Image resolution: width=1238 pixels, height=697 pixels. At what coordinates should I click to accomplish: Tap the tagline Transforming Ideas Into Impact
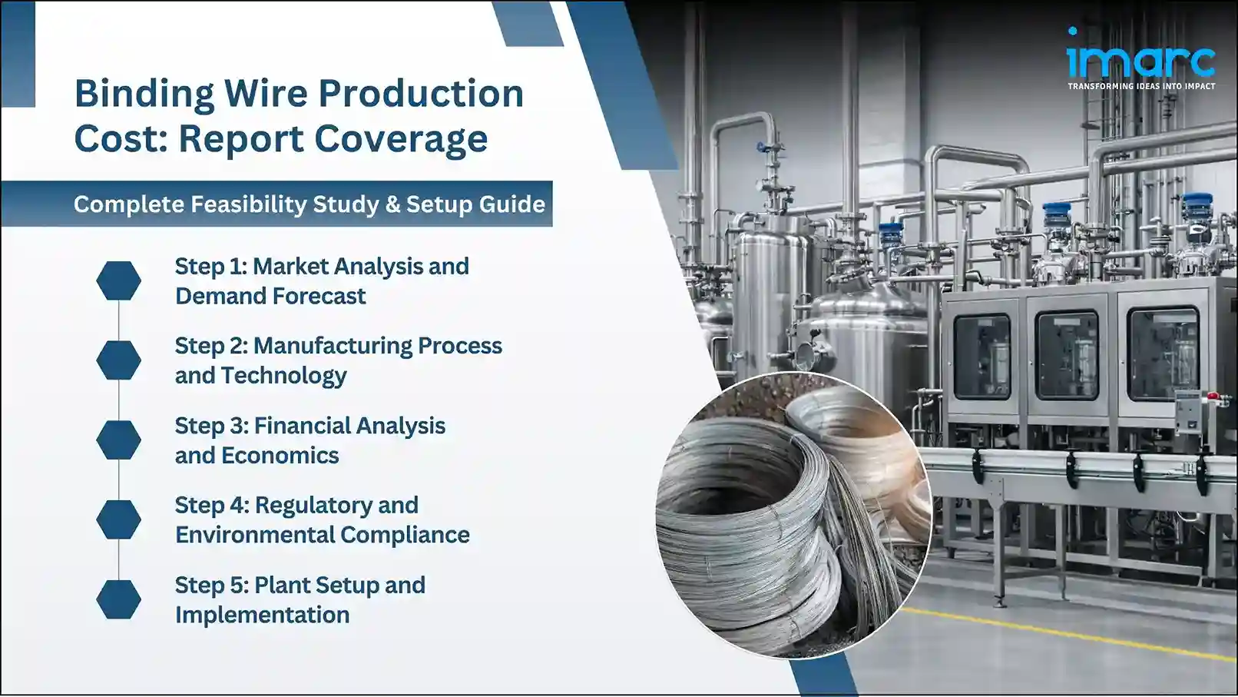(1141, 86)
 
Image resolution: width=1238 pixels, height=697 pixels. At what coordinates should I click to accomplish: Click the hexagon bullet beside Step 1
(119, 280)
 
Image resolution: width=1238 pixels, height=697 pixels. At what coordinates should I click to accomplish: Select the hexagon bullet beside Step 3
(119, 440)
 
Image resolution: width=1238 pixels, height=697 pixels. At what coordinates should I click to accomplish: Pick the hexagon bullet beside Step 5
(119, 599)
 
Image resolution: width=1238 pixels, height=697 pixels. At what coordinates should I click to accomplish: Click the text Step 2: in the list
(211, 346)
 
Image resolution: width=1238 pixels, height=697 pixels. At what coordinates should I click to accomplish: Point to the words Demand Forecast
(270, 296)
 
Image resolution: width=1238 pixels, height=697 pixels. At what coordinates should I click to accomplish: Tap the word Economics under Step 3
(280, 456)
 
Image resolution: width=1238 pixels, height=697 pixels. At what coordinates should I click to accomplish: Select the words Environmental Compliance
(322, 535)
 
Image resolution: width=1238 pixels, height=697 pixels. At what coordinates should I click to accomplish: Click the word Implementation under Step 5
(262, 615)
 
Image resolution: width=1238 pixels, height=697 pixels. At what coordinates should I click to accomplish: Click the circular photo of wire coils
(793, 515)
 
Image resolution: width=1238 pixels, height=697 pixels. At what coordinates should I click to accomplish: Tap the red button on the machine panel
(1213, 396)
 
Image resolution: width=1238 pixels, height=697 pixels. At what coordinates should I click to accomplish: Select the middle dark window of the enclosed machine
(1067, 355)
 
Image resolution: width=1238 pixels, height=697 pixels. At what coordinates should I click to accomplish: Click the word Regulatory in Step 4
(336, 505)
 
